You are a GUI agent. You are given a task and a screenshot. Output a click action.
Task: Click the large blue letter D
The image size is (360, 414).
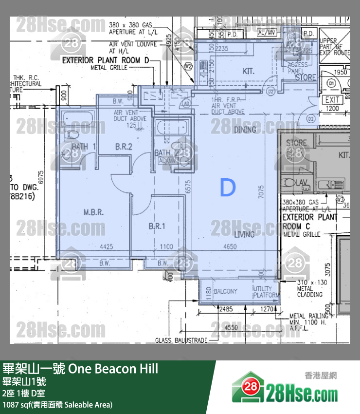pos(228,188)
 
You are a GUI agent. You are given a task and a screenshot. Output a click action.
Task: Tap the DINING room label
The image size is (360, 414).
pos(245,130)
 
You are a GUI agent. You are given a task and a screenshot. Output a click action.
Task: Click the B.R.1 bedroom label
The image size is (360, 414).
pos(157,226)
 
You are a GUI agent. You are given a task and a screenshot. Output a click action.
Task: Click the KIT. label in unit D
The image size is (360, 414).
pos(249,72)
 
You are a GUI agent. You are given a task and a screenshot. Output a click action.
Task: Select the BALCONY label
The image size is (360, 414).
pos(225,291)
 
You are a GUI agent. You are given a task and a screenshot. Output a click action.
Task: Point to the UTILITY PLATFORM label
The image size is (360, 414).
pos(266,292)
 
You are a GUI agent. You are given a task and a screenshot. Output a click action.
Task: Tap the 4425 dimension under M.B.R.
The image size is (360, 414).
pos(107,247)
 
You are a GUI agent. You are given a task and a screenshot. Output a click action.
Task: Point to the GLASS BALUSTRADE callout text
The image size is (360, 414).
pos(182,340)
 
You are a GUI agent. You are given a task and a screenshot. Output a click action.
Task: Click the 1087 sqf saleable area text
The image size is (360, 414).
pos(57,404)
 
